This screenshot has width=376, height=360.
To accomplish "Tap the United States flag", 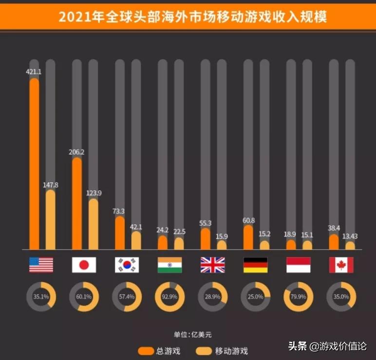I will click(x=41, y=265).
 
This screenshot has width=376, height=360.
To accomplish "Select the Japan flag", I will click(x=84, y=265).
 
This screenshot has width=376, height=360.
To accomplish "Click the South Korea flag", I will click(x=127, y=265).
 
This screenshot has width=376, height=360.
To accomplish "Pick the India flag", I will click(x=169, y=265).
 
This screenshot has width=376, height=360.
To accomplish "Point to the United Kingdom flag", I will click(x=212, y=265).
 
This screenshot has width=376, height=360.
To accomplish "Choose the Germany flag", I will click(x=255, y=265).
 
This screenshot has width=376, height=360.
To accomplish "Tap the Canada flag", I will click(x=341, y=265).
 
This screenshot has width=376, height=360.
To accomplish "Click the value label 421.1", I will click(x=34, y=72).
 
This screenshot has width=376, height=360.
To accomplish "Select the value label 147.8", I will click(x=51, y=185).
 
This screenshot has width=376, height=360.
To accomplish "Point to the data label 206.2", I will click(x=76, y=152).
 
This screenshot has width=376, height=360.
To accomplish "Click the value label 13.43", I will click(x=350, y=236).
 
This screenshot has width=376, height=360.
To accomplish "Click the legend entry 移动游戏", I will click(x=222, y=351).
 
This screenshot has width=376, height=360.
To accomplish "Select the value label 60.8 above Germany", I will click(x=248, y=220).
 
